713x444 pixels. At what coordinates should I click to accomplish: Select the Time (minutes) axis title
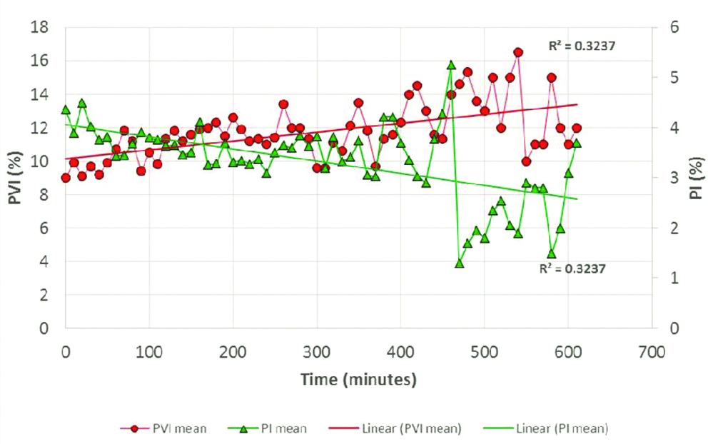358,379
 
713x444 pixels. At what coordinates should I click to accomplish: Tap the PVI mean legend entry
172,428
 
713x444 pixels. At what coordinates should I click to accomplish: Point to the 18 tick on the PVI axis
40,28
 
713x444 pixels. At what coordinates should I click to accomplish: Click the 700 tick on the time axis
651,352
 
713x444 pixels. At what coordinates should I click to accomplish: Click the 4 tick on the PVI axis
44,261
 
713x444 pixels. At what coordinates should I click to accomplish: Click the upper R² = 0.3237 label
581,46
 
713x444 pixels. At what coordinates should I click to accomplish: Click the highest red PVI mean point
518,52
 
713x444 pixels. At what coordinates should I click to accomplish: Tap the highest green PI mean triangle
451,65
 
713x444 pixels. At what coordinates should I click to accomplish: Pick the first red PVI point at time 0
66,178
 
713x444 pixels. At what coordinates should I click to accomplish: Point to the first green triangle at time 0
66,110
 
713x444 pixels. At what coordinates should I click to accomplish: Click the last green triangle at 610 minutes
577,143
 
